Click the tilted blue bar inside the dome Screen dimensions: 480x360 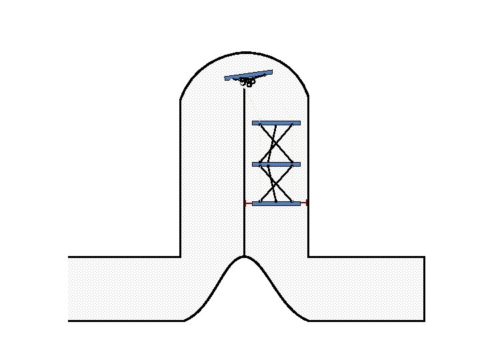click(249, 75)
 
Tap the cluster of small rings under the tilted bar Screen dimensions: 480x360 click(248, 83)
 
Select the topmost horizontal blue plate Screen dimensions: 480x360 click(276, 123)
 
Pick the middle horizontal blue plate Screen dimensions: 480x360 click(276, 164)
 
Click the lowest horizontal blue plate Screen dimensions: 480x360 click(276, 203)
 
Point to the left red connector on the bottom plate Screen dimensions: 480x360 click(248, 203)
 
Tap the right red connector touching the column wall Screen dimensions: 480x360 click(304, 203)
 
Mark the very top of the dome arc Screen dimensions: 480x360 click(245, 53)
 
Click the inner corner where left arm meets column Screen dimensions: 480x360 click(181, 257)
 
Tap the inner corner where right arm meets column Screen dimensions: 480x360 click(308, 257)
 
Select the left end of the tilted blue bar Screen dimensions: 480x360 click(227, 79)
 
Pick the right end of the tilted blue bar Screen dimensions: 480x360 click(271, 71)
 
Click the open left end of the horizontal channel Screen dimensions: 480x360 click(69, 289)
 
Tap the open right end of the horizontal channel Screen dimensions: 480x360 click(424, 289)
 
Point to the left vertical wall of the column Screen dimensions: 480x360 click(181, 180)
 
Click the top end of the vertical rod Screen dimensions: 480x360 click(244, 88)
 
